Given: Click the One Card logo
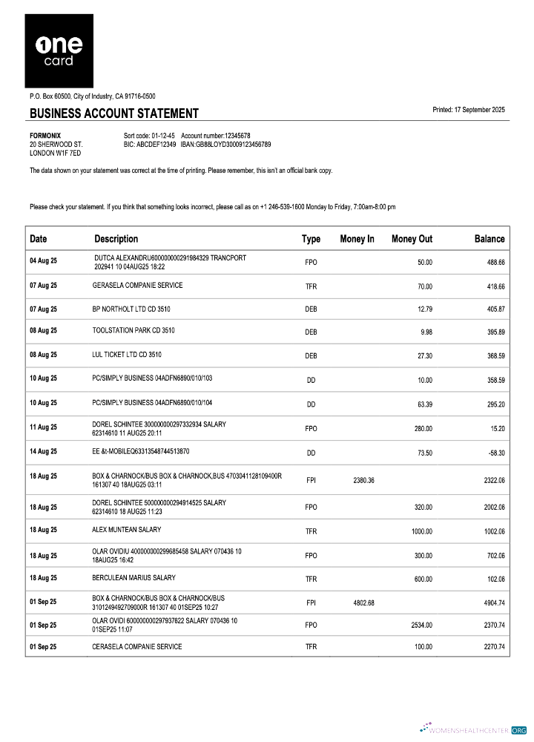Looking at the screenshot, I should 59,51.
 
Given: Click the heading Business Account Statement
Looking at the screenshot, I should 114,114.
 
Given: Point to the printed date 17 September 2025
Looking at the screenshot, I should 468,110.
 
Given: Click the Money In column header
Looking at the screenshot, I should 357,239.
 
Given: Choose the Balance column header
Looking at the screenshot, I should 489,239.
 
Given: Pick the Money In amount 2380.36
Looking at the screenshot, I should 363,481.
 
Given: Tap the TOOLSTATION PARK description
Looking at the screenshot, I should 133,330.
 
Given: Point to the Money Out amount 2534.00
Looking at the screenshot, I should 421,626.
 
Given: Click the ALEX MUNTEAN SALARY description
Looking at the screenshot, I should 127,530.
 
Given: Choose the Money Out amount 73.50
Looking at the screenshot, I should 424,452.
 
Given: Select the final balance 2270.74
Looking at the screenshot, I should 491,647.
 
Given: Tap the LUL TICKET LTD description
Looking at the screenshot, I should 127,355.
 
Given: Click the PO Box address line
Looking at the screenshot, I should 93,96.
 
